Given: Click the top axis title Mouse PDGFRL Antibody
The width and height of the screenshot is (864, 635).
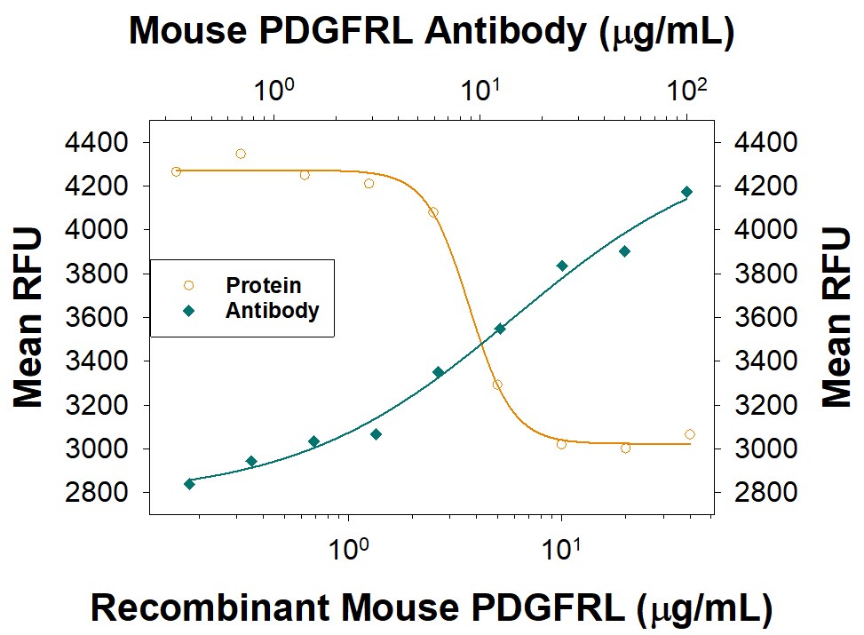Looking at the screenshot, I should click(x=432, y=32).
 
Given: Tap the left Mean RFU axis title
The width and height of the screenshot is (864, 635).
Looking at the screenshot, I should click(x=28, y=317).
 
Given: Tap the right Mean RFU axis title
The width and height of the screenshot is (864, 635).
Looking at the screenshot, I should click(x=836, y=317).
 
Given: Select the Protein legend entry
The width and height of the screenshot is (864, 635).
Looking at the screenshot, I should click(x=263, y=286).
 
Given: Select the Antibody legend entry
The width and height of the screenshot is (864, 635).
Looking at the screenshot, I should click(x=272, y=311).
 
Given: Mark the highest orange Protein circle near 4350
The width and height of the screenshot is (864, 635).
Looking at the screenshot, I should click(x=241, y=154).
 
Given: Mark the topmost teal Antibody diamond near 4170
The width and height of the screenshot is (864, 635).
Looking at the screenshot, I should click(x=686, y=192).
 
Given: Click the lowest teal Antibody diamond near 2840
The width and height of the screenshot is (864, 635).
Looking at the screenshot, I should click(x=189, y=483).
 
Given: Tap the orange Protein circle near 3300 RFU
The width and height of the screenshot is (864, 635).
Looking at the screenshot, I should click(x=497, y=385).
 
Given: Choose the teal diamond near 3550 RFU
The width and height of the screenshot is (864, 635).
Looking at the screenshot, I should click(x=500, y=329).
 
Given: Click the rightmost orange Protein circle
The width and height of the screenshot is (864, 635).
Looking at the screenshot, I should click(x=690, y=434).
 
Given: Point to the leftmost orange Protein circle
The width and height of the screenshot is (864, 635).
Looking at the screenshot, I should click(x=176, y=171).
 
